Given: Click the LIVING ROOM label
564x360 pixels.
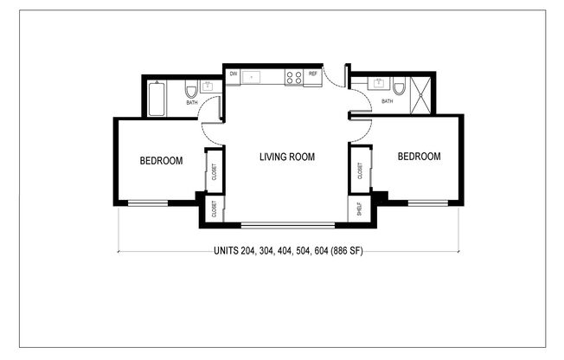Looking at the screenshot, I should (287, 157).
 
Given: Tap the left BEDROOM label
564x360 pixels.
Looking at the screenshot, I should (162, 160).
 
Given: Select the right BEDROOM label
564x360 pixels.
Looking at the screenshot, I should (419, 157).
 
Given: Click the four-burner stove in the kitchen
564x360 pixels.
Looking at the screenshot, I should (294, 76).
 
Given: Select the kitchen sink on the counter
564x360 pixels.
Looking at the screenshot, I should (253, 76).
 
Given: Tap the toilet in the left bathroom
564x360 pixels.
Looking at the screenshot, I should (191, 89).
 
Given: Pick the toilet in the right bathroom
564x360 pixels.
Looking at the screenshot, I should (399, 87).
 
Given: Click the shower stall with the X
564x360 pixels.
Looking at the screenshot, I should (423, 91).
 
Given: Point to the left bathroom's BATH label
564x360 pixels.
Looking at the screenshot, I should (191, 104).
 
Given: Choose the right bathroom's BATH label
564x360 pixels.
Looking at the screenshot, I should (387, 101).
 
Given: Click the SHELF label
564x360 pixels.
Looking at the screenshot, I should (357, 209).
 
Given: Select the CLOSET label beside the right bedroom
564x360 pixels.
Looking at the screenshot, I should (358, 173).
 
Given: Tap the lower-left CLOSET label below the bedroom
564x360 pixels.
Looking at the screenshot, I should (213, 209).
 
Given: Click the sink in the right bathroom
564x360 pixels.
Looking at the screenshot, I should (381, 85).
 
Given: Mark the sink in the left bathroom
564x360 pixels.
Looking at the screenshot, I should (208, 87).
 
